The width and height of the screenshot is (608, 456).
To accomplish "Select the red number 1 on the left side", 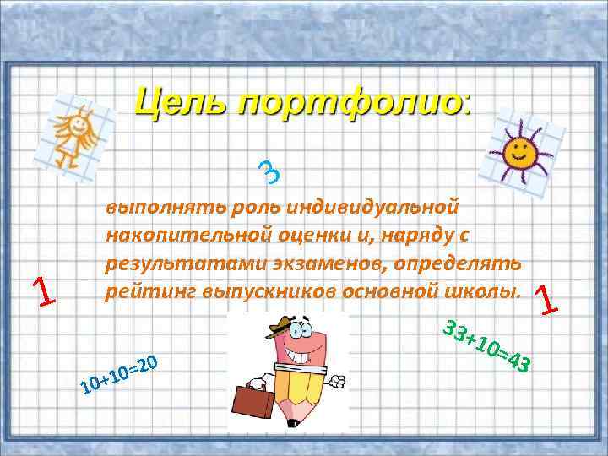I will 41,291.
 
